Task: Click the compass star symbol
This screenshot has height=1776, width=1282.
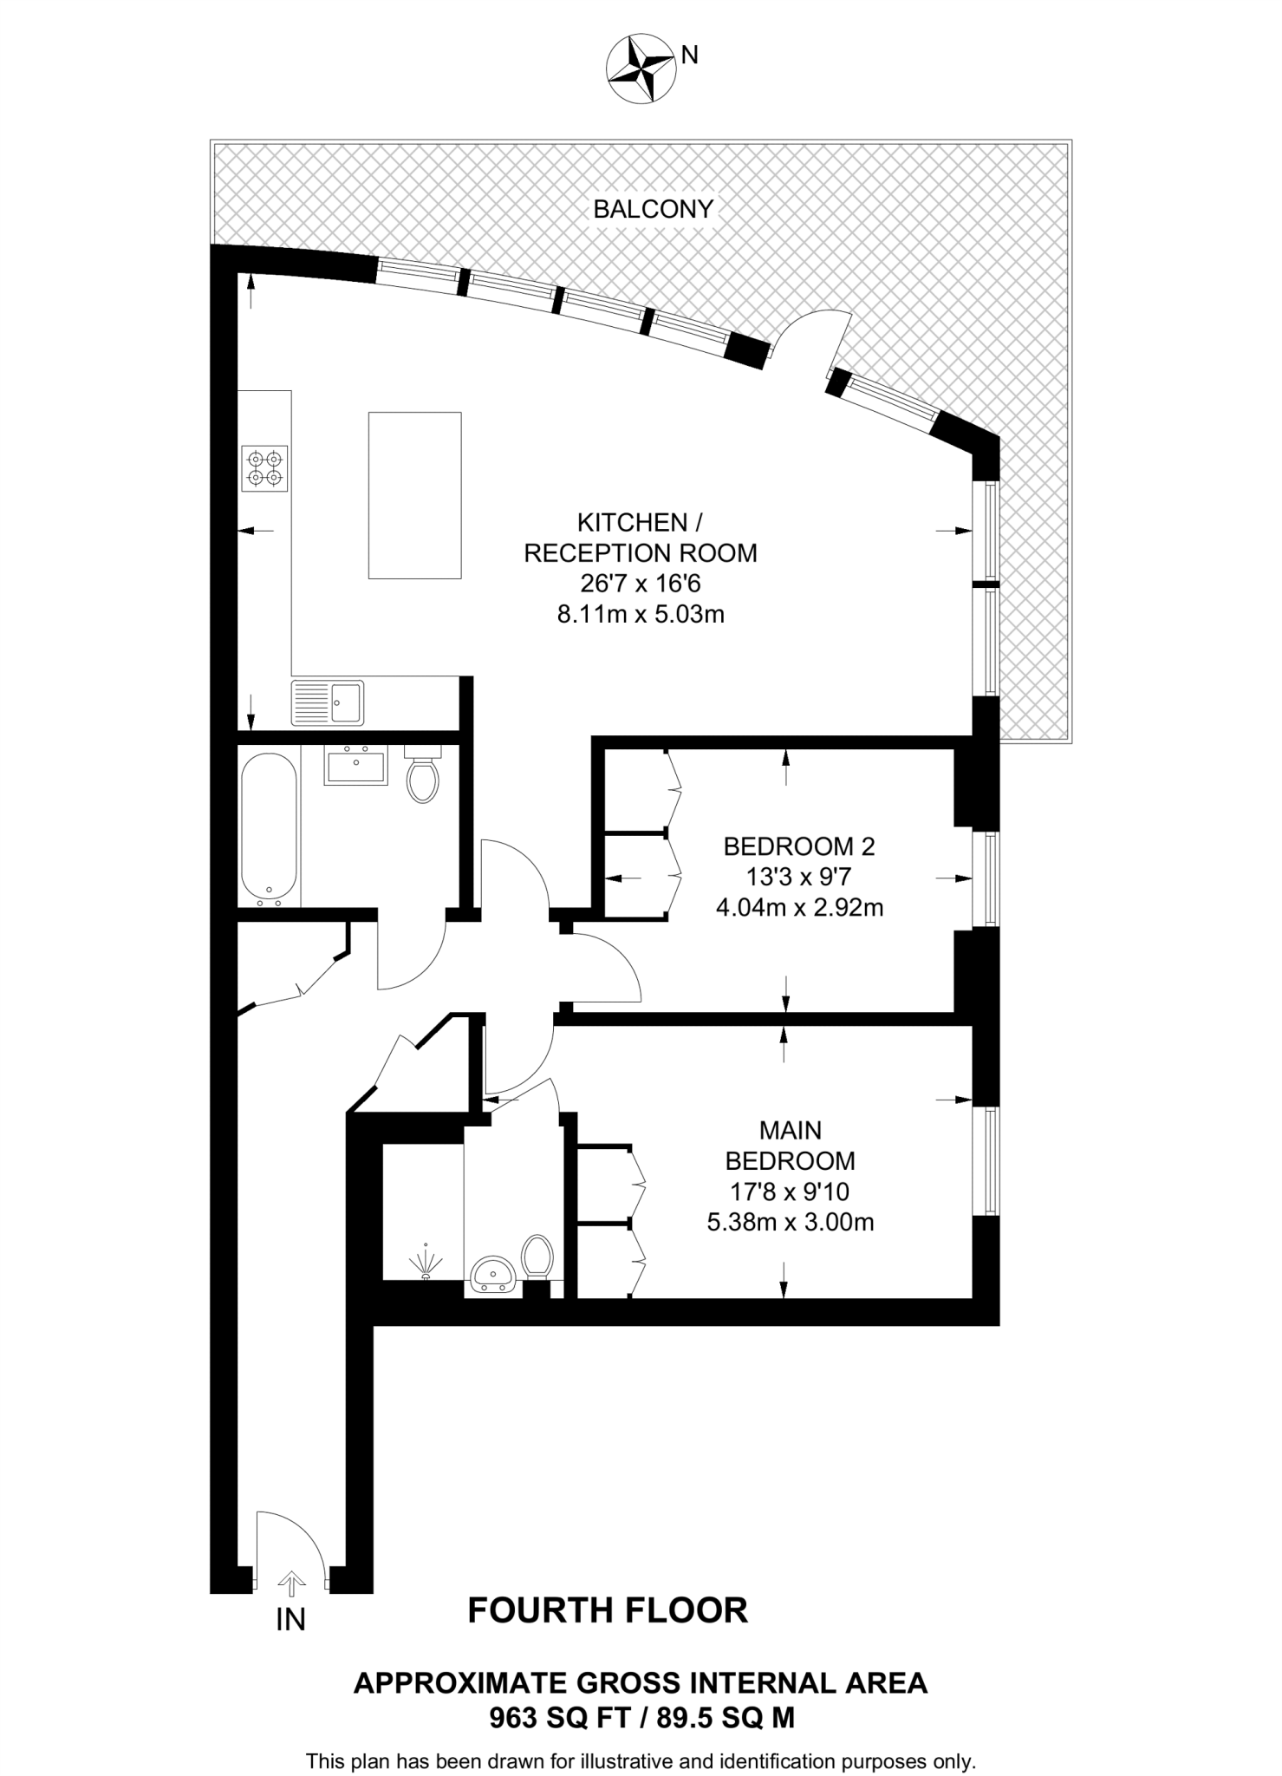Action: point(641,69)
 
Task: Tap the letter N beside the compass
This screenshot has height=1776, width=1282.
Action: point(690,55)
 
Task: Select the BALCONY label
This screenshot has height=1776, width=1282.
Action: point(653,209)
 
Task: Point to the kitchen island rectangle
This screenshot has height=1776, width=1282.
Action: point(414,494)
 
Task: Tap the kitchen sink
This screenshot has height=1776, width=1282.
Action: point(328,702)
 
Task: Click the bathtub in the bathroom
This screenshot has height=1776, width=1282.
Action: point(269,827)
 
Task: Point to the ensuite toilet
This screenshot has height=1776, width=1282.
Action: point(537,1256)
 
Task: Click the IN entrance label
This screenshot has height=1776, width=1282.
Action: point(291,1619)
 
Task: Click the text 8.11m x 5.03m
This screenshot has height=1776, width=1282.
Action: point(640,616)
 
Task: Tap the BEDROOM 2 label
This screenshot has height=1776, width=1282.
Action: point(799,846)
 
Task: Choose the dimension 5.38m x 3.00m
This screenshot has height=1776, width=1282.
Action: point(790,1223)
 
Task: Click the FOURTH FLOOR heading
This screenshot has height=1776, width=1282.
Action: point(608,1610)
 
